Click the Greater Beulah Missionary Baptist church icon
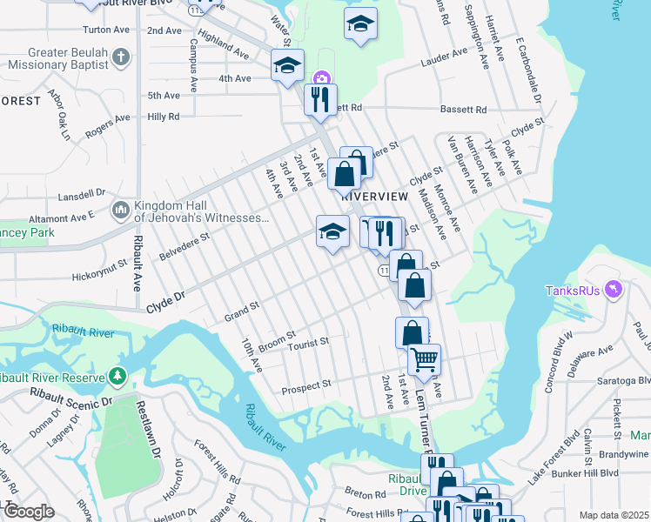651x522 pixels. click(121, 59)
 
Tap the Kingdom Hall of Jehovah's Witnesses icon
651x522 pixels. click(120, 210)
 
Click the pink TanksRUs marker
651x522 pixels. click(617, 288)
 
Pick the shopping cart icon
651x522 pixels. click(424, 358)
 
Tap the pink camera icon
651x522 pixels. click(321, 79)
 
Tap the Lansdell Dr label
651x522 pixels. click(81, 197)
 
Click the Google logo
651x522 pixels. click(29, 512)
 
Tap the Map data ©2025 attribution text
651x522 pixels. click(614, 515)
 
